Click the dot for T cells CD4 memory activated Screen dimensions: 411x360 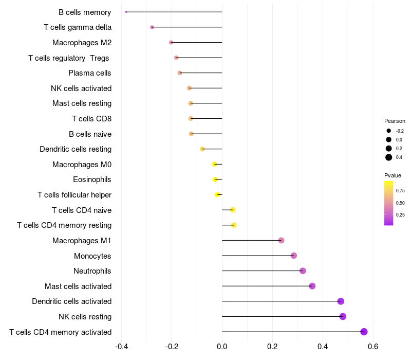tap(364, 332)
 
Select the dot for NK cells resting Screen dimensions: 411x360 tap(343, 316)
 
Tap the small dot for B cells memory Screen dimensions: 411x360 tap(126, 12)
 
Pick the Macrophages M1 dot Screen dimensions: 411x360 tap(281, 240)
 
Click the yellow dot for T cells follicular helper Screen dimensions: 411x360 tap(217, 195)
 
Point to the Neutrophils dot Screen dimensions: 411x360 tap(303, 271)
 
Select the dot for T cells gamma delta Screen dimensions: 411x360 tap(152, 27)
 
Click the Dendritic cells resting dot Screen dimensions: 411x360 tap(202, 149)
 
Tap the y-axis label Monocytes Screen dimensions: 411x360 tap(92, 256)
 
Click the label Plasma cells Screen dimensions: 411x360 tap(89, 73)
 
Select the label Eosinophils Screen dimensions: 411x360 tap(92, 179)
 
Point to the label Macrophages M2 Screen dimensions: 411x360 tap(82, 43)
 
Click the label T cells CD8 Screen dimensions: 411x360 tap(92, 119)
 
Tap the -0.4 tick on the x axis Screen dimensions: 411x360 tap(121, 347)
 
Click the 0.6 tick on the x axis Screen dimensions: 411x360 tap(373, 347)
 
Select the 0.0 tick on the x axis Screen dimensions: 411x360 tap(222, 347)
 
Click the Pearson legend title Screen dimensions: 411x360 tap(395, 121)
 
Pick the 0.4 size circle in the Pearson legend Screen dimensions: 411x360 tap(389, 157)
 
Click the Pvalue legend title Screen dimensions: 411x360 tap(393, 175)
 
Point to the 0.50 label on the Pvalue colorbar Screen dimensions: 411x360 tap(400, 203)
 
